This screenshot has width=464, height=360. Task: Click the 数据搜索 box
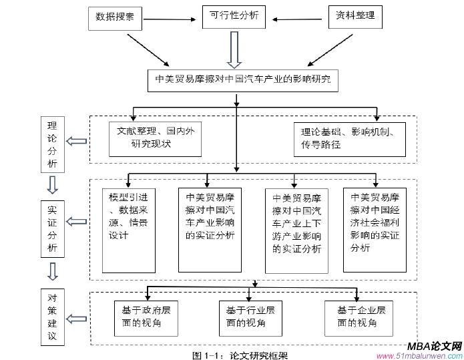pos(115,17)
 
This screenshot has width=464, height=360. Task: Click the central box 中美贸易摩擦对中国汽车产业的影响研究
pos(243,79)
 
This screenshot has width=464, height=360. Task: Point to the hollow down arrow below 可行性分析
pos(234,49)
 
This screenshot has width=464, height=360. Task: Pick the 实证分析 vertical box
pos(52,228)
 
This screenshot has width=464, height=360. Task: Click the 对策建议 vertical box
pos(52,316)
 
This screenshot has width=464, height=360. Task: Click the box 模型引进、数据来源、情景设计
pos(129,229)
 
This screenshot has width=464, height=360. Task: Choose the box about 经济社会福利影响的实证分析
pos(375,229)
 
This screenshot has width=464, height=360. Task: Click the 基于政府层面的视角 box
pos(146,317)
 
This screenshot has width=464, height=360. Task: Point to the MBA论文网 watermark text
pos(435,346)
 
